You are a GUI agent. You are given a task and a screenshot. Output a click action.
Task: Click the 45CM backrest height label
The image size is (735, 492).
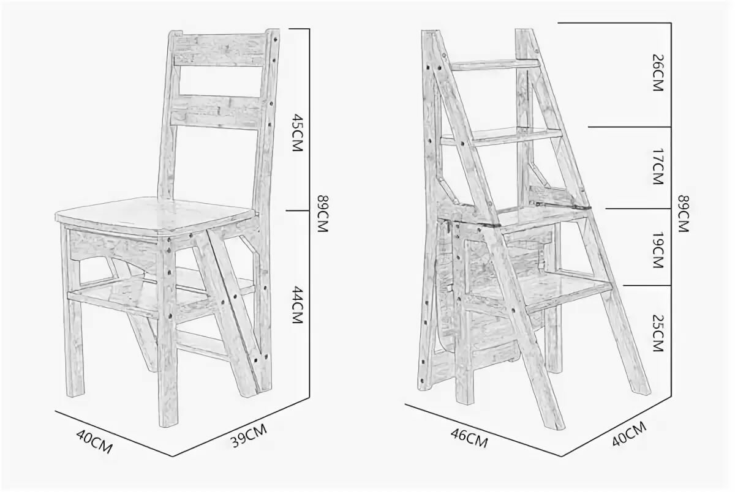point(297,133)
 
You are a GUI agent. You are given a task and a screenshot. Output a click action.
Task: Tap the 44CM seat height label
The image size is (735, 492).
point(297,305)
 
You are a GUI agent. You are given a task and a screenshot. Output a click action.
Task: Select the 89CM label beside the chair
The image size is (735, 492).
point(323,214)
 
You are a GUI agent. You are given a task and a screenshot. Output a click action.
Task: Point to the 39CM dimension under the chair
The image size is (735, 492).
point(248,436)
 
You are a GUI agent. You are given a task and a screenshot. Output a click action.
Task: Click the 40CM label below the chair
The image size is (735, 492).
point(94,442)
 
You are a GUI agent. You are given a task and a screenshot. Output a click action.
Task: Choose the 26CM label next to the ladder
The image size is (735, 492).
point(658,73)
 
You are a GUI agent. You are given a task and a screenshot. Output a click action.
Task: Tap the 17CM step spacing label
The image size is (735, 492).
point(658,166)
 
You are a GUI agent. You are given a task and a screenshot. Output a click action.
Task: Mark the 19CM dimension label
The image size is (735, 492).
point(658,250)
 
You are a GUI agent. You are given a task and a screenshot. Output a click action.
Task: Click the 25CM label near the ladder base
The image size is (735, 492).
point(658,334)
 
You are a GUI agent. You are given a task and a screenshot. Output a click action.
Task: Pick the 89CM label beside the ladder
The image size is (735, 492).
point(684,214)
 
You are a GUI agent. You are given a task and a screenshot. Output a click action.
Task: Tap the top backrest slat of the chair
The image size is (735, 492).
point(220,49)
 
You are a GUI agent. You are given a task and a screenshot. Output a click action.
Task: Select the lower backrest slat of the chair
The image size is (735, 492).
point(217,113)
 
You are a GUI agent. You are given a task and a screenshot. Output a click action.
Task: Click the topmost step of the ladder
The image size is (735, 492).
point(496,65)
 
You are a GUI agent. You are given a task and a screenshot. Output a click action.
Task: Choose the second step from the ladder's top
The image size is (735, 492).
point(502,136)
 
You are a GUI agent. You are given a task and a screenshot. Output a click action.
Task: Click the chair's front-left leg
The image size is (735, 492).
point(73,311)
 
